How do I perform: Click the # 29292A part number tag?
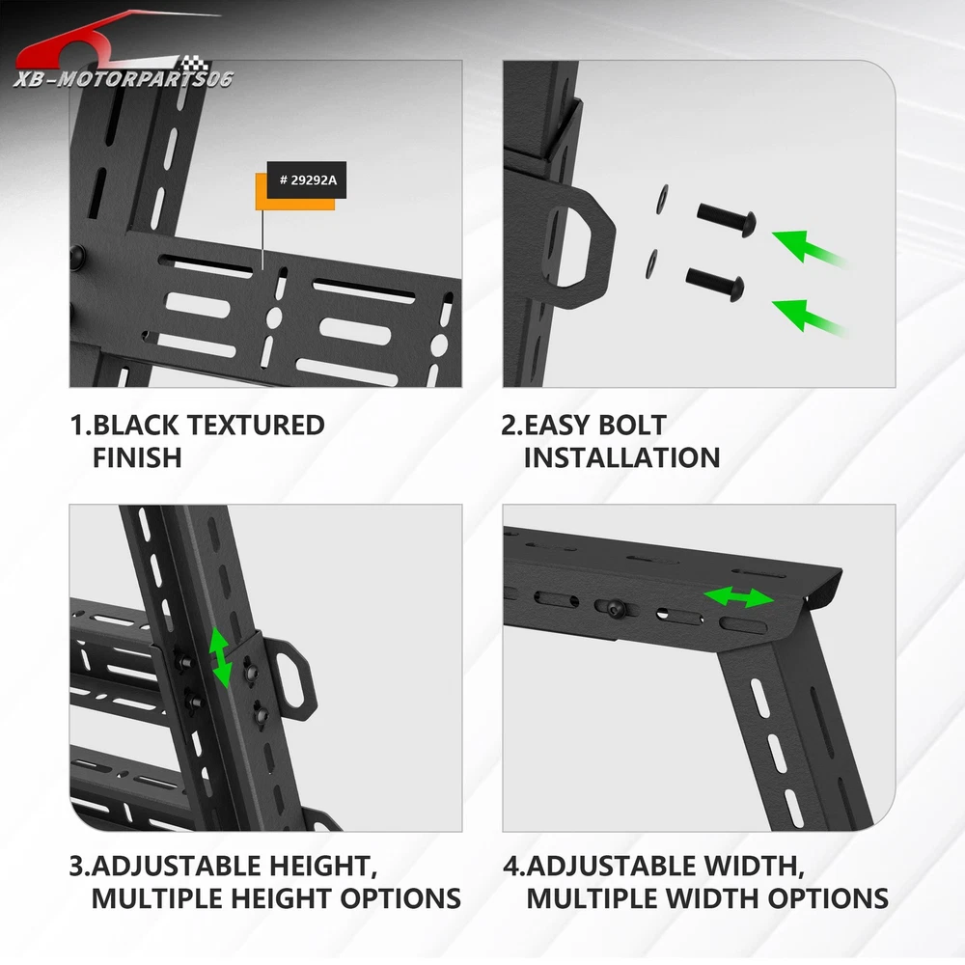[307, 180]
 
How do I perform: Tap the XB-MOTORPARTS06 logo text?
[124, 79]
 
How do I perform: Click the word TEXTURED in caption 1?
[255, 426]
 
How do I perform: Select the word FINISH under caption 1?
[137, 457]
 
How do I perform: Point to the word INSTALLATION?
[621, 457]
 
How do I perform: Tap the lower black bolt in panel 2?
[715, 285]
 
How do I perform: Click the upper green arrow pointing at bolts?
[810, 248]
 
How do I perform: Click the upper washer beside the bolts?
[663, 199]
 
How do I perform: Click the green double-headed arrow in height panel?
[220, 658]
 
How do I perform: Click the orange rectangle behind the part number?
[295, 192]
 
